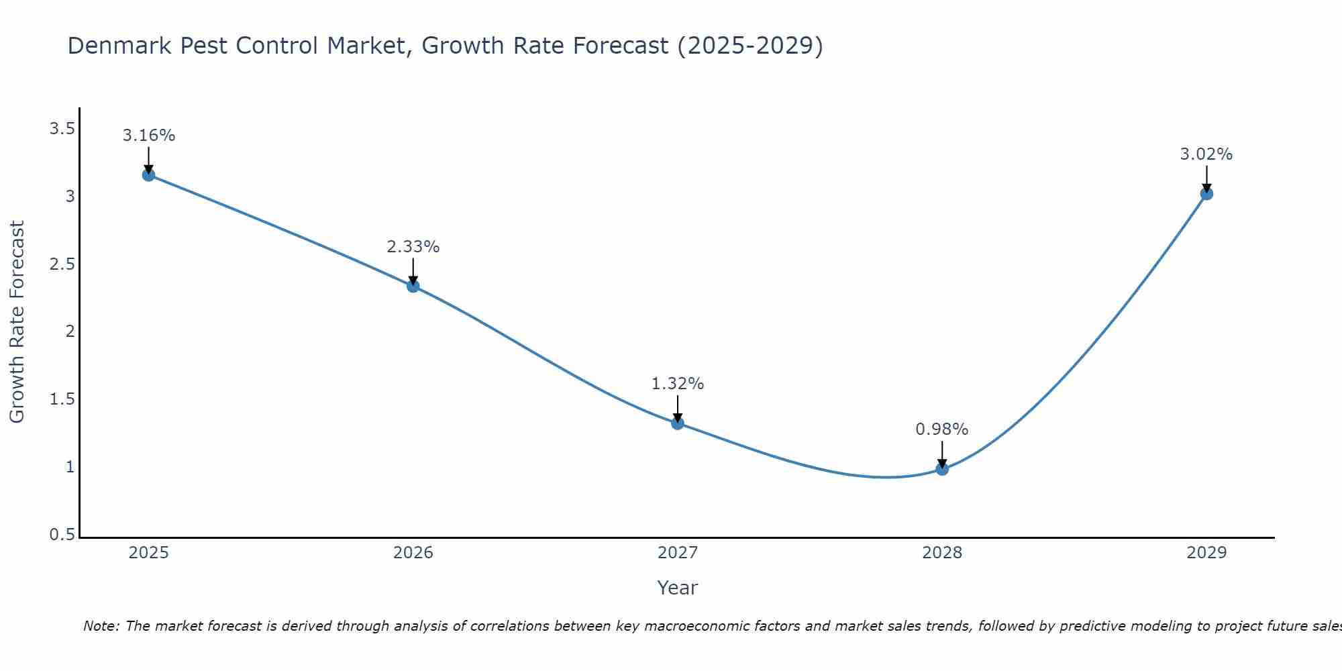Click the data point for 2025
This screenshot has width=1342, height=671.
[148, 175]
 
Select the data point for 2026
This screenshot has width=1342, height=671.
[413, 286]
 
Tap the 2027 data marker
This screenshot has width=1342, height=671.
[678, 423]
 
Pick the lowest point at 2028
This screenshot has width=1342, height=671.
[942, 469]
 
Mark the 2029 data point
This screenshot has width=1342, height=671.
[1206, 194]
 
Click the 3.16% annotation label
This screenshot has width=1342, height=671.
[148, 136]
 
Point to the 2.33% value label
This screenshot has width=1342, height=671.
[413, 247]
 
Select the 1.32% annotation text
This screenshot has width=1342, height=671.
[678, 384]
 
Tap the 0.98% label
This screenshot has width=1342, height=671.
[942, 429]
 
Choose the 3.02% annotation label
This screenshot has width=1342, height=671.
[1206, 154]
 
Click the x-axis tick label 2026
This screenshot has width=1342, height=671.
[413, 553]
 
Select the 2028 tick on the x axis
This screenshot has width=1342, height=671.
[942, 553]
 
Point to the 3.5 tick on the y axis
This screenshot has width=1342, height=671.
[62, 129]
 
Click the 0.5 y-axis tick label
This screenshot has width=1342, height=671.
[62, 535]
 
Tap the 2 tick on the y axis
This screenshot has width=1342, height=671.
[70, 331]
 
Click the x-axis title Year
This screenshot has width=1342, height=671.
[678, 588]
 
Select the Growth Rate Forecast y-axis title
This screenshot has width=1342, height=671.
[17, 322]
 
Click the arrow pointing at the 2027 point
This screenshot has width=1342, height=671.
[678, 408]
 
